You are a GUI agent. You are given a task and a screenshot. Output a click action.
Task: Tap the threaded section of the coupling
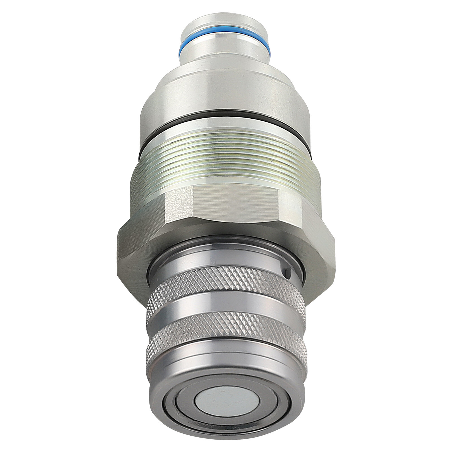coord(226,164)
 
